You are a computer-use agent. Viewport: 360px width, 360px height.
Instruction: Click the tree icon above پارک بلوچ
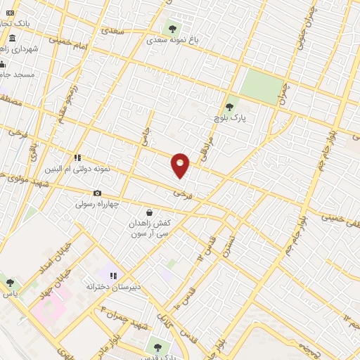pyautogui.click(x=229, y=106)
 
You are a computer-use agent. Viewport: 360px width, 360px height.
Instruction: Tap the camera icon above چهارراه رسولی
pyautogui.click(x=97, y=193)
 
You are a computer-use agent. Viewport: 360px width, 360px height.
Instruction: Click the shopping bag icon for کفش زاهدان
pyautogui.click(x=149, y=212)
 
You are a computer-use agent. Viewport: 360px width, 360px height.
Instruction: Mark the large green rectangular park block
pyautogui.click(x=261, y=87)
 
